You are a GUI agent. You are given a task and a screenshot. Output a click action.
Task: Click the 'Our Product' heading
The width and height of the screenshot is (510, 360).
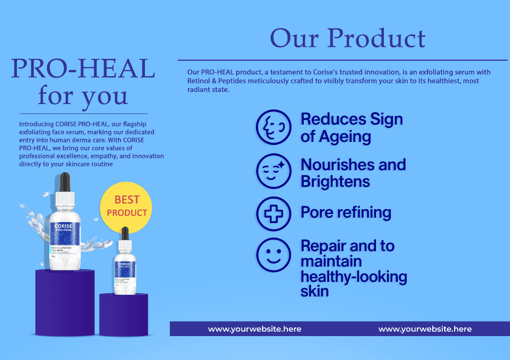point(348,38)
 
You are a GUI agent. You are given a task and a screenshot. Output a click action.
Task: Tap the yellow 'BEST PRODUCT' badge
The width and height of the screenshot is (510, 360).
point(127,206)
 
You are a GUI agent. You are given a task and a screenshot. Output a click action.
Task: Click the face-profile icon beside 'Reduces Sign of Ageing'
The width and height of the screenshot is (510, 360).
point(273,127)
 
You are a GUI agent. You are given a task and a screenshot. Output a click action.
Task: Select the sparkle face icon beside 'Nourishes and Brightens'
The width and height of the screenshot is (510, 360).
point(273,171)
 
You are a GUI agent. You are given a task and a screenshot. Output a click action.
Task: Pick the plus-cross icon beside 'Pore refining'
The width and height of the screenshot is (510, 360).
point(273,214)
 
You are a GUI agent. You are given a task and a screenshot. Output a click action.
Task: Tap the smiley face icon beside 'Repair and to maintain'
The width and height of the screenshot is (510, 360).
point(273,255)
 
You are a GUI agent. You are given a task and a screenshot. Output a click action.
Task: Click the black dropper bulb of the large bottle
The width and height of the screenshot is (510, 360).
point(65,182)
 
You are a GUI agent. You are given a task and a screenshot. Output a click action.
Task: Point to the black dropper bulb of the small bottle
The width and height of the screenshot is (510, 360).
point(125,234)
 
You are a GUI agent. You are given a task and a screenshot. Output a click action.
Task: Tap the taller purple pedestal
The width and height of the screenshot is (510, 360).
point(65,304)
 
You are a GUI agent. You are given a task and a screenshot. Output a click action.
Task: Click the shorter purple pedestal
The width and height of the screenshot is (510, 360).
point(124,315)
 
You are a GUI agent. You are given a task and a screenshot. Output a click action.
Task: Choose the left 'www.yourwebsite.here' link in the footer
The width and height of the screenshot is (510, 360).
point(255,329)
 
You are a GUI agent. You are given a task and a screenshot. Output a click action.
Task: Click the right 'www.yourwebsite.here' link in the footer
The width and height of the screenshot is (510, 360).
point(425,329)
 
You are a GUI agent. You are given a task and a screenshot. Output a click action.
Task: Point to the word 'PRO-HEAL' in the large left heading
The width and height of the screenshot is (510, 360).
point(83,69)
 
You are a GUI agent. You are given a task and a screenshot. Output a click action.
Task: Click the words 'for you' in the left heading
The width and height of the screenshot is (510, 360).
point(83,96)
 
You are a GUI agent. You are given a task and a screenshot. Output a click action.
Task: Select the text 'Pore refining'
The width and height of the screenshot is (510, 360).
point(346,213)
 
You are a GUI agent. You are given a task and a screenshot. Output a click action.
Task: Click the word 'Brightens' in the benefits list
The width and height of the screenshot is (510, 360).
point(335,181)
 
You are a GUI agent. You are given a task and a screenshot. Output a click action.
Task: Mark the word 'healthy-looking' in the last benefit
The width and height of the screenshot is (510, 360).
point(354,276)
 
